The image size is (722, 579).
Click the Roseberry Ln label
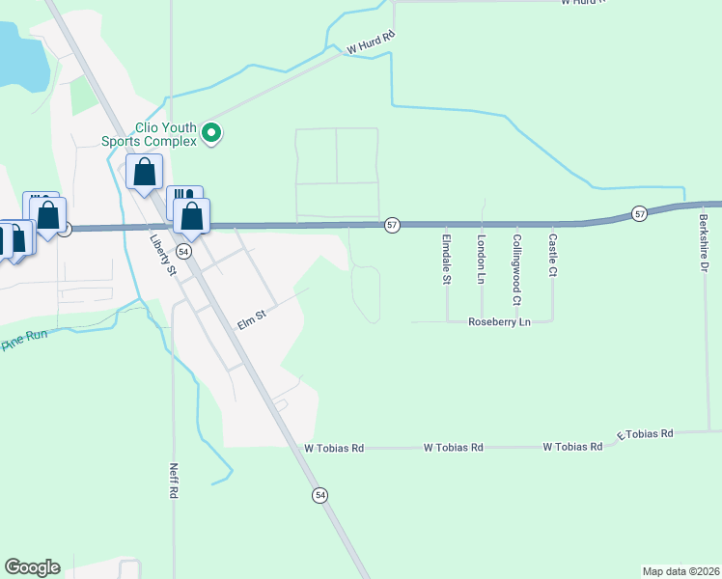point(500,322)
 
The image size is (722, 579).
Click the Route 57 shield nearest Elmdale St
point(392,225)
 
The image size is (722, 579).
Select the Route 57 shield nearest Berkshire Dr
point(639,212)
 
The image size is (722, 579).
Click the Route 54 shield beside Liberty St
point(184,250)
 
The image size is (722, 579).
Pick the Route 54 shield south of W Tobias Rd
point(320,495)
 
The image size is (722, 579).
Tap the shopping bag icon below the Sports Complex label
point(144,174)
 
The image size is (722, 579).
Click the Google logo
point(32,567)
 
